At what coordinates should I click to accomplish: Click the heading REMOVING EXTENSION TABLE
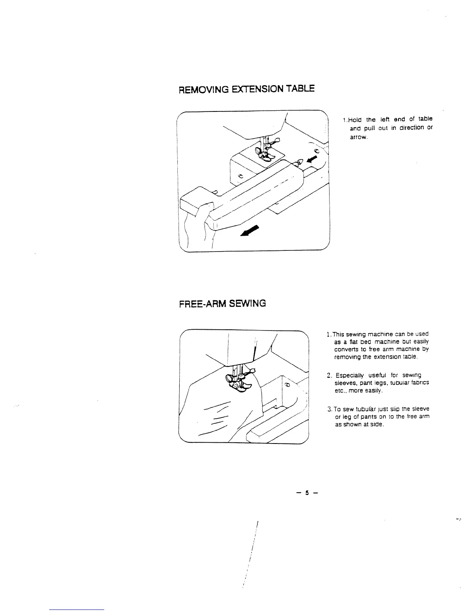click(x=246, y=89)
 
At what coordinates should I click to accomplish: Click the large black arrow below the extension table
click(x=250, y=231)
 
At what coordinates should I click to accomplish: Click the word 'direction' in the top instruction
click(x=407, y=128)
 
